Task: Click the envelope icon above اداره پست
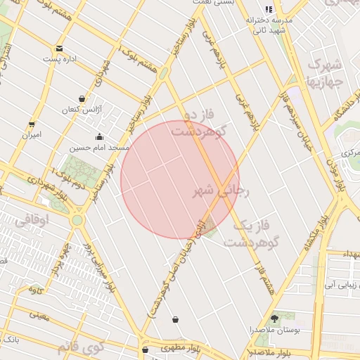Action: [58, 49]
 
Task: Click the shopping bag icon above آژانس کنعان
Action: [82, 98]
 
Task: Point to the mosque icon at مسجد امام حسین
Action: [99, 136]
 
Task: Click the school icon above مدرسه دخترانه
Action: [268, 9]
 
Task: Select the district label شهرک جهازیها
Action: [324, 72]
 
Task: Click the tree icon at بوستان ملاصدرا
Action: [274, 319]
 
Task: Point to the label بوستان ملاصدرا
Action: [270, 330]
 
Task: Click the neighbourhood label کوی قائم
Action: [82, 346]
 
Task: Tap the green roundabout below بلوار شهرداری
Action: [77, 219]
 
